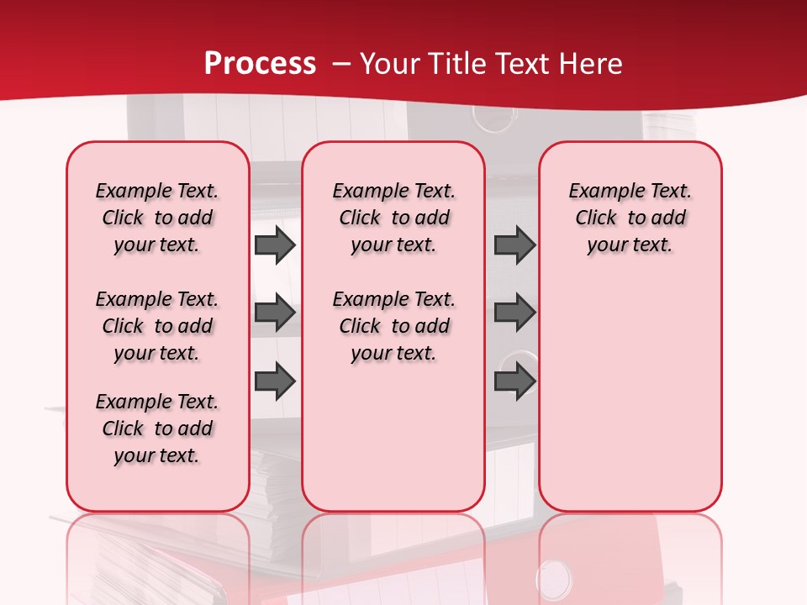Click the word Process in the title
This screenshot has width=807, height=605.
tap(260, 64)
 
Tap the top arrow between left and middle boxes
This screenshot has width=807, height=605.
tap(275, 245)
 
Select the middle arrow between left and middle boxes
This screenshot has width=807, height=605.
tap(275, 313)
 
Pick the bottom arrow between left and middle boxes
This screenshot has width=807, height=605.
tap(275, 381)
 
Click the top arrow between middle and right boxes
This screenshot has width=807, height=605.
tap(514, 245)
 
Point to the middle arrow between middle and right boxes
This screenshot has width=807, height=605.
tap(514, 313)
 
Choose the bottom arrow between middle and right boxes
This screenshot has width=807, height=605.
tap(514, 381)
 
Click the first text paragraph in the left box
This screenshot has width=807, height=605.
tap(157, 218)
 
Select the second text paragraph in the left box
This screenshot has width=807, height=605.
tap(157, 326)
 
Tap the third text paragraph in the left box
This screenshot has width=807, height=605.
tap(157, 429)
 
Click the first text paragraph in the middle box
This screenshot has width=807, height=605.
tap(393, 218)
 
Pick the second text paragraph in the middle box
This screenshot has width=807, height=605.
tap(393, 326)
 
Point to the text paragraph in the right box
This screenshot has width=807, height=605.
tap(630, 218)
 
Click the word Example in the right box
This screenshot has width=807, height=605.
tap(600, 191)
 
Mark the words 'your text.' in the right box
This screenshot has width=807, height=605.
tap(630, 245)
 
